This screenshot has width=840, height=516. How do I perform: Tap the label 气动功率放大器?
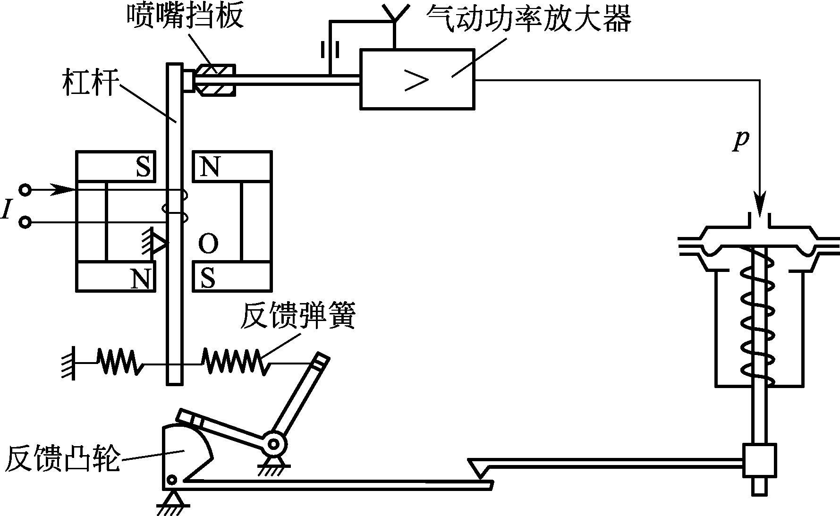[x=529, y=19]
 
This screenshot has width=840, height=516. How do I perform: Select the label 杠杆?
[x=89, y=84]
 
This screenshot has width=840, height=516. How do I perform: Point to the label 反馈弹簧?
[x=297, y=316]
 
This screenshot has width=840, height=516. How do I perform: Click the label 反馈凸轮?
[x=61, y=458]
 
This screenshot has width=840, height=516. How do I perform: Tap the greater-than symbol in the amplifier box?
[x=416, y=80]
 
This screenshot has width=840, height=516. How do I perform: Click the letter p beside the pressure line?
[x=741, y=140]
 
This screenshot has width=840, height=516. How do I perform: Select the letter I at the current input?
[x=6, y=209]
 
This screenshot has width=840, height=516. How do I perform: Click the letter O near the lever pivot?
[x=208, y=244]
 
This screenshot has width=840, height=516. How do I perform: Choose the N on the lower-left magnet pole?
[x=141, y=278]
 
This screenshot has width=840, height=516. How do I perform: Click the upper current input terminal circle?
[x=25, y=190]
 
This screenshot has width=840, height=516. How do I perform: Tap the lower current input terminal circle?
[x=25, y=222]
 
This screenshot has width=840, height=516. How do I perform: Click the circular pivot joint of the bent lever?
[x=274, y=443]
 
